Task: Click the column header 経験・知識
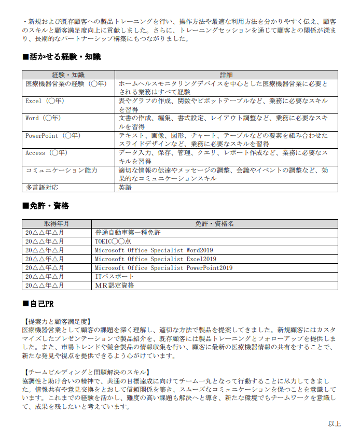pyautogui.click(x=68, y=75)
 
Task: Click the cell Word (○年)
pyautogui.click(x=43, y=118)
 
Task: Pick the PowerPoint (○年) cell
pyautogui.click(x=53, y=136)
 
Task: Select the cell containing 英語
pyautogui.click(x=125, y=188)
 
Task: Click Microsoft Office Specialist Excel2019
pyautogui.click(x=155, y=259)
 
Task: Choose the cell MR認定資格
pyautogui.click(x=114, y=286)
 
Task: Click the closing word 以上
pyautogui.click(x=334, y=424)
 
